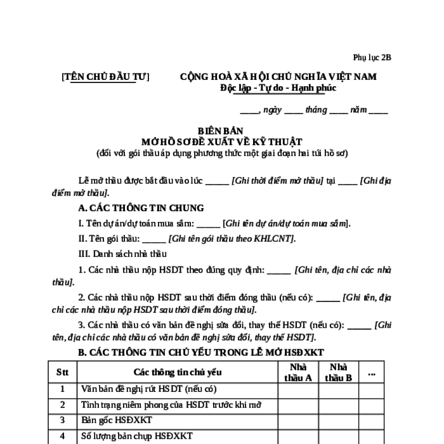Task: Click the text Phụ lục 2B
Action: (x=373, y=57)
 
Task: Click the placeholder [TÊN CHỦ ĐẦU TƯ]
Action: (x=105, y=77)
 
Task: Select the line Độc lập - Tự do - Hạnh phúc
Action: (x=278, y=88)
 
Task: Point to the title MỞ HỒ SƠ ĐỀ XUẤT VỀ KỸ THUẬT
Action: (x=222, y=141)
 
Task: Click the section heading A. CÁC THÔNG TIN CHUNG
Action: (x=141, y=208)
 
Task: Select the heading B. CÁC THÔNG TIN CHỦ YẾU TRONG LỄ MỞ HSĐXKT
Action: (x=200, y=352)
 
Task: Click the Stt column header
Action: (x=63, y=372)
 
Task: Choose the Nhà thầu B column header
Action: (x=339, y=372)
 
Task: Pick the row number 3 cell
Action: (x=63, y=420)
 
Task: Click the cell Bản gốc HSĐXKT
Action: (x=117, y=420)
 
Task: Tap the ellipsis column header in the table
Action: (x=372, y=372)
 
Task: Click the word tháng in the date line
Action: (x=316, y=110)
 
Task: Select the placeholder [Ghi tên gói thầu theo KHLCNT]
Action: (x=232, y=238)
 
